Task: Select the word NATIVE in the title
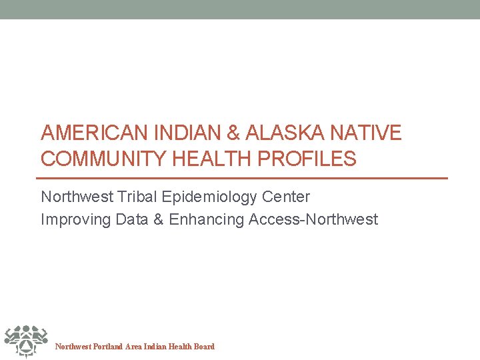pyautogui.click(x=370, y=133)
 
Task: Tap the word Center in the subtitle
pyautogui.click(x=287, y=197)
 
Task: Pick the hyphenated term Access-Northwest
pyautogui.click(x=313, y=219)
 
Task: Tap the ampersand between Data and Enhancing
pyautogui.click(x=158, y=219)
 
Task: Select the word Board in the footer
pyautogui.click(x=203, y=347)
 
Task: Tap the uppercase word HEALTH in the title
pyautogui.click(x=211, y=159)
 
